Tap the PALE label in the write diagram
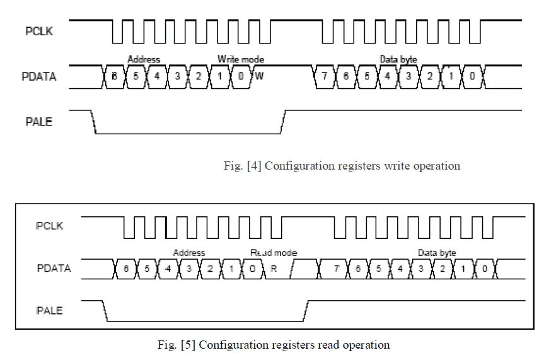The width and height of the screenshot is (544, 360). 38,122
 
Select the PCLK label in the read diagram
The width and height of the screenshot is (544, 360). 49,225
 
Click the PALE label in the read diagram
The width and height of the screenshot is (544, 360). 49,310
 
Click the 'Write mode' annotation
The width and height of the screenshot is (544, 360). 241,59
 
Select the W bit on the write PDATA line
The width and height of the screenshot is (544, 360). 260,76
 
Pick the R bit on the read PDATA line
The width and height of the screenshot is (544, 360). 274,269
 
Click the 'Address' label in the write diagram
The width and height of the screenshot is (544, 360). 144,59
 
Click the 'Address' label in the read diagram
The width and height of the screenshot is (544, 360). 189,253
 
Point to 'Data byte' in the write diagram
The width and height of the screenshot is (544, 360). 398,59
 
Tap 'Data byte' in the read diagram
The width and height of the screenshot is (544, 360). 437,253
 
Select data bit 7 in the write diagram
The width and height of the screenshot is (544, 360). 324,76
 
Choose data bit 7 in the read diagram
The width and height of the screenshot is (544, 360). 337,269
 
